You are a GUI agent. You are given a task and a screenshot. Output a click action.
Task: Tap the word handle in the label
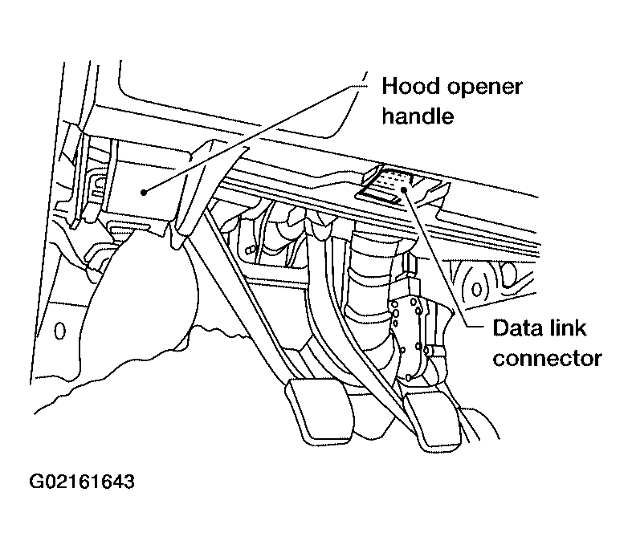pos(418,116)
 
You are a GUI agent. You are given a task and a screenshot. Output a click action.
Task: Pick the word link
pos(575,328)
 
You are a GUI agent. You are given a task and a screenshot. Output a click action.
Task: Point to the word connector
pos(547,358)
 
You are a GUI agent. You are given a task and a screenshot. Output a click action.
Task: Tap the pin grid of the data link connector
pos(393,178)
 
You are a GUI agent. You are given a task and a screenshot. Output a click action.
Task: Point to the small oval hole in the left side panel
pos(59,330)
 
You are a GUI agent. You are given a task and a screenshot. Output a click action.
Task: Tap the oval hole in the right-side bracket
pos(477,287)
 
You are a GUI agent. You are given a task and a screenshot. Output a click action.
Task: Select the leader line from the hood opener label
pos(249,136)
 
